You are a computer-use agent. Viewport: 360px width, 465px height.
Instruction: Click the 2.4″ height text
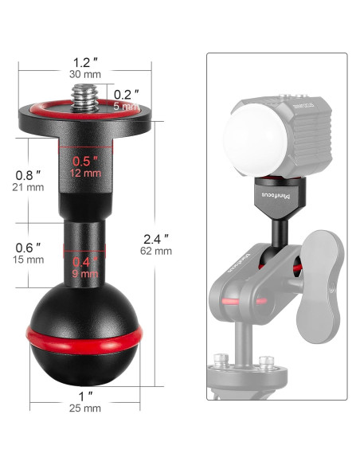tap(156, 236)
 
